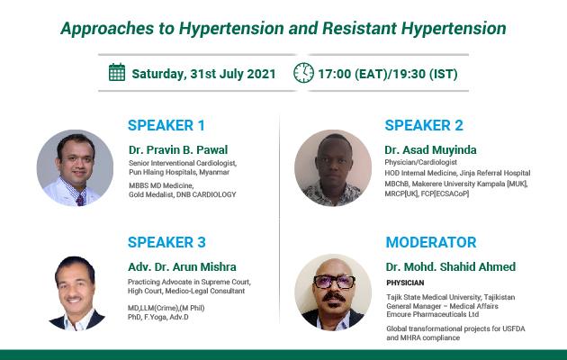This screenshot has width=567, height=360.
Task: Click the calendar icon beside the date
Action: point(117,72)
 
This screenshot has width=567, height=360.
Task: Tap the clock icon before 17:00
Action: point(304,73)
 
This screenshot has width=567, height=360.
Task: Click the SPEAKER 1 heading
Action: point(166,125)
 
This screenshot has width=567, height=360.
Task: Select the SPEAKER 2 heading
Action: point(424,125)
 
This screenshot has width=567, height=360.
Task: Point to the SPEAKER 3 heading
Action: point(166,242)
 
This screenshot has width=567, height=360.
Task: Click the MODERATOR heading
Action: point(431,242)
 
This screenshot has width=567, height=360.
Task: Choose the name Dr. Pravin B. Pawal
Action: point(178,149)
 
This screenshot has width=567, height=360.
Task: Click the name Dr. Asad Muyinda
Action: point(431,149)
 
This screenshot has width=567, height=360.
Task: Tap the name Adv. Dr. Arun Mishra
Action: point(182,266)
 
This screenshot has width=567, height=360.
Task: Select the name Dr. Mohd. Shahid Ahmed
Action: point(451,266)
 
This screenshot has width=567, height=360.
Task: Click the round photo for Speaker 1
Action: point(75,167)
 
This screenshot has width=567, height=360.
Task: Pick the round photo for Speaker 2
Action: point(333,167)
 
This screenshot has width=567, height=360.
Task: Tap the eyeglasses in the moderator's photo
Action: point(334,282)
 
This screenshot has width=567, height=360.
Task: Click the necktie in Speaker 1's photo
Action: point(80,200)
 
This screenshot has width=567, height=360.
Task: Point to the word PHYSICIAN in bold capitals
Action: point(405,283)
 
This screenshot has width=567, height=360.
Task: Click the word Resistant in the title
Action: point(359,28)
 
